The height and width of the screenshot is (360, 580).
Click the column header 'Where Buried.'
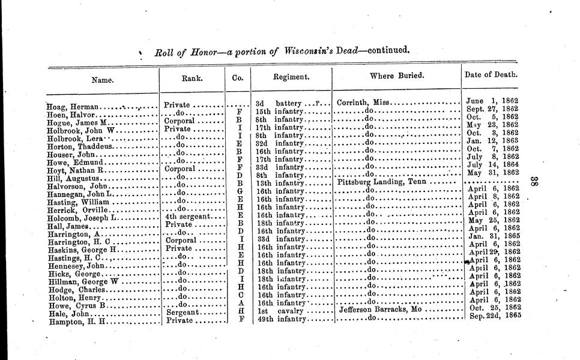(397, 76)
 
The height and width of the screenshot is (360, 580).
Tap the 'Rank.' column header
(192, 78)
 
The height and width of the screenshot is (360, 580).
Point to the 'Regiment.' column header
(291, 77)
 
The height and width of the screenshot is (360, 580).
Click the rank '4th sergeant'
(187, 216)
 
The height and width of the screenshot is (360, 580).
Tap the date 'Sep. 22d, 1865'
(494, 316)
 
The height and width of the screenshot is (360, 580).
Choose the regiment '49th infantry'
(282, 319)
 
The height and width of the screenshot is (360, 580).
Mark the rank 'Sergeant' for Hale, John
(183, 312)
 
